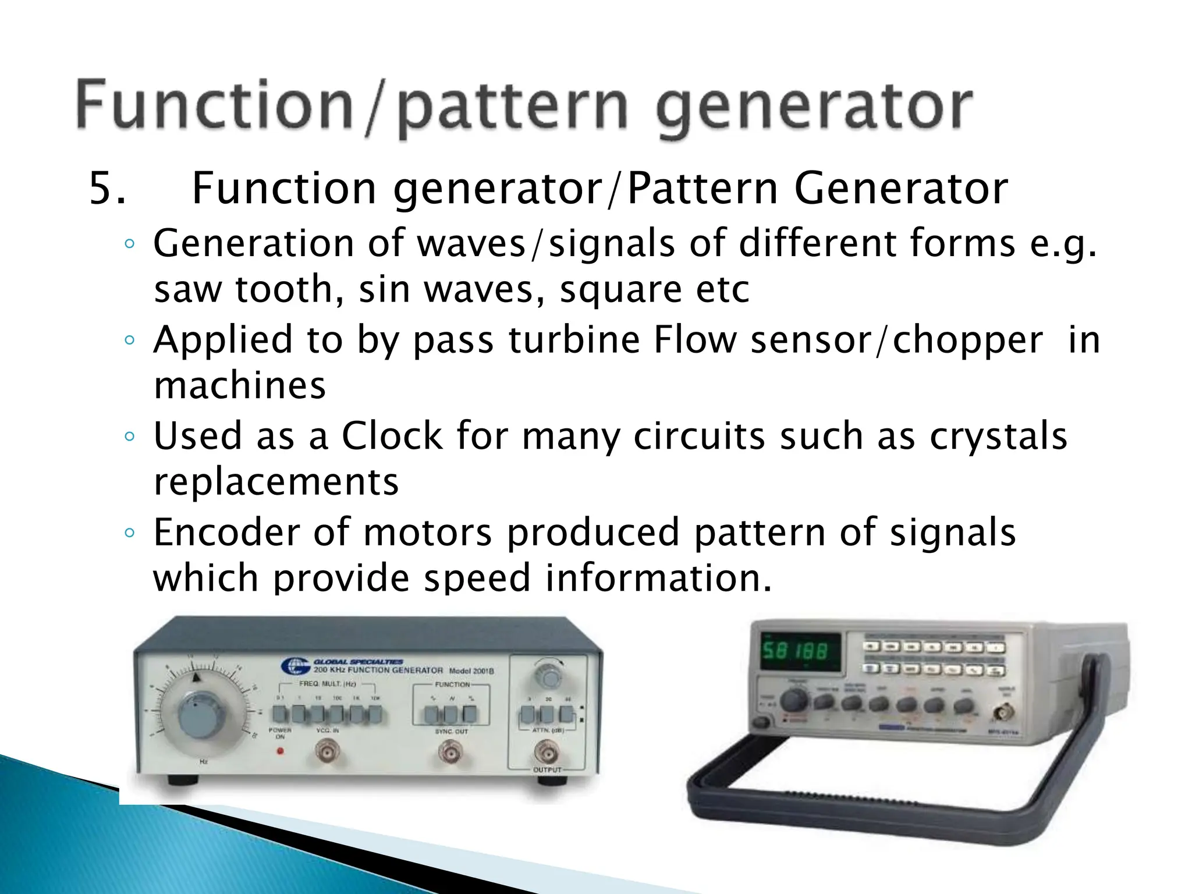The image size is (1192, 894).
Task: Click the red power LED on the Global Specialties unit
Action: coord(280,751)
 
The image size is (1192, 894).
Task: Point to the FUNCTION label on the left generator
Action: coord(452,684)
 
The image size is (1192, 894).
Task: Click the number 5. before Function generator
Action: coord(107,189)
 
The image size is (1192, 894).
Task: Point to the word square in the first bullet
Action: coord(620,290)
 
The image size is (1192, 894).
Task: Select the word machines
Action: coord(239,386)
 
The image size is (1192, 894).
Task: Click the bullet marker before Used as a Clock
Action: coord(130,436)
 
